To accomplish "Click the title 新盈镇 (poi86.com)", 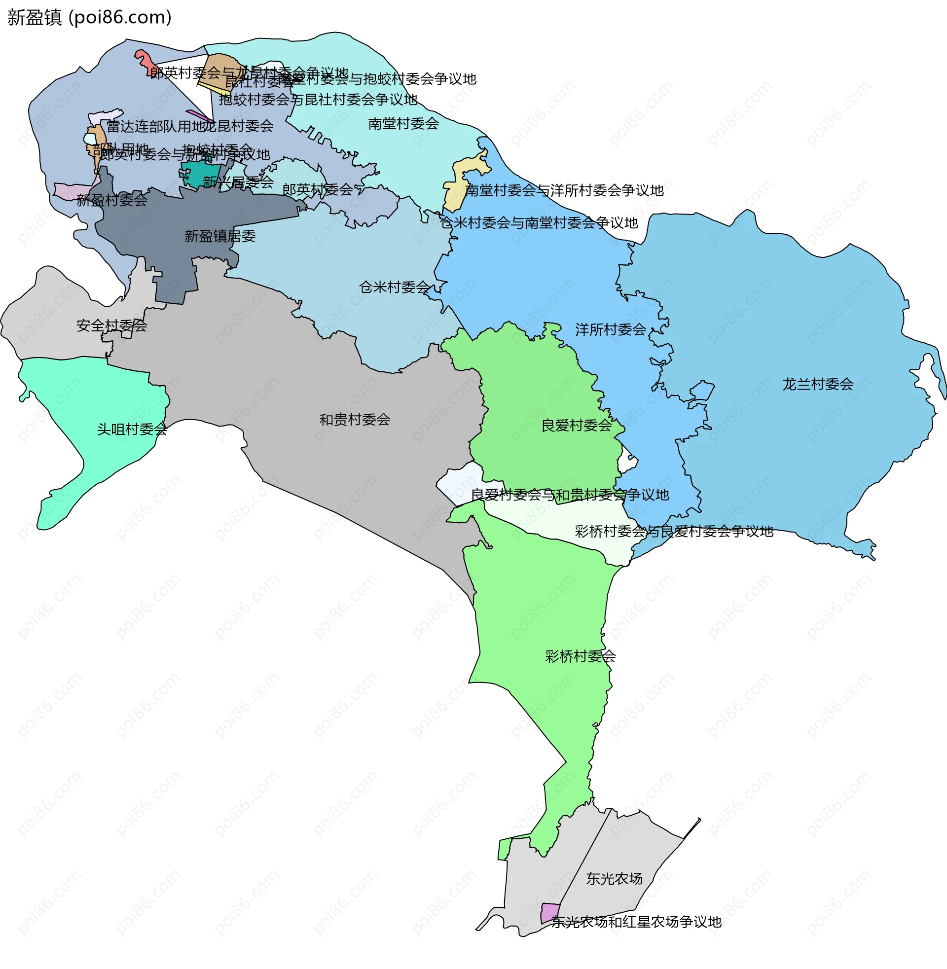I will [90, 17].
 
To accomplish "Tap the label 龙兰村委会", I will [818, 384].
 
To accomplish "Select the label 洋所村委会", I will [610, 329].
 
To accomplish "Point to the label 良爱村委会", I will [576, 426].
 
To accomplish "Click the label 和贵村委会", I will [355, 420].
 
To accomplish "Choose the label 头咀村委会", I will [132, 429].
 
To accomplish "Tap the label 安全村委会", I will [111, 325].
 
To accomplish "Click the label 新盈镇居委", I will [220, 236].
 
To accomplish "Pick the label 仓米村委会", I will [394, 287].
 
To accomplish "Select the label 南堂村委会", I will [403, 123].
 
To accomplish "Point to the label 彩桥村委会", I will [580, 656].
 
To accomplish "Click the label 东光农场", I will [614, 879].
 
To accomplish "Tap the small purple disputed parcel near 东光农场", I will [549, 913].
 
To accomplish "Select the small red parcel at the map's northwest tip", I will [144, 61].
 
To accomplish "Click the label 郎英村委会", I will [317, 189].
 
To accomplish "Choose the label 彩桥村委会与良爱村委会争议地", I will [673, 532].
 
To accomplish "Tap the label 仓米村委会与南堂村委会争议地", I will [539, 223].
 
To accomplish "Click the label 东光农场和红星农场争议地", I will [636, 922].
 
